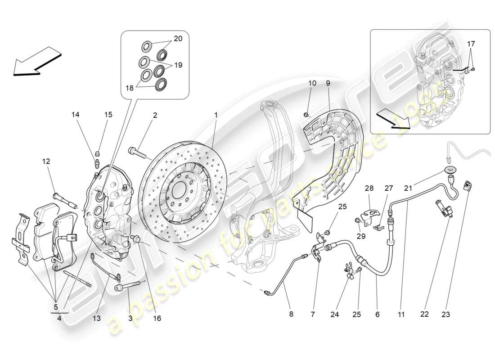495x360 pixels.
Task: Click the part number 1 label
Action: (x=216, y=115)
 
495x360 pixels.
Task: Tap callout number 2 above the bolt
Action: (x=154, y=115)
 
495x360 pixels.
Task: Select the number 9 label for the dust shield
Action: (x=328, y=83)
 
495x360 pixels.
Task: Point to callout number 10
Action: (x=312, y=83)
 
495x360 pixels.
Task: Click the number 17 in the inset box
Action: (x=471, y=44)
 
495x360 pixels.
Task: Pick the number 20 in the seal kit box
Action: (x=178, y=39)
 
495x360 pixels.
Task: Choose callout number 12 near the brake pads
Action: (x=46, y=161)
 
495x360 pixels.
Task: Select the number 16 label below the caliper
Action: (x=157, y=318)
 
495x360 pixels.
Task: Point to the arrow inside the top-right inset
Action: (x=394, y=121)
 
